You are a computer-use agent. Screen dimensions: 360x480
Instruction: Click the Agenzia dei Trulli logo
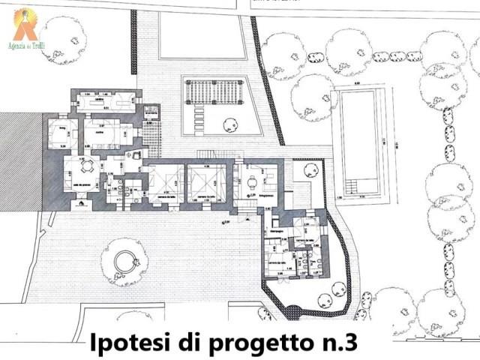click(25, 24)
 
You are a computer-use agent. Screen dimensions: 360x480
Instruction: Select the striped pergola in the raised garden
click(214, 91)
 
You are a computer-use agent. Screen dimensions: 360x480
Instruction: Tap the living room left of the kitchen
click(60, 133)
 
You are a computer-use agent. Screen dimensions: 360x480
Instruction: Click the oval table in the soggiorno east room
click(253, 181)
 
